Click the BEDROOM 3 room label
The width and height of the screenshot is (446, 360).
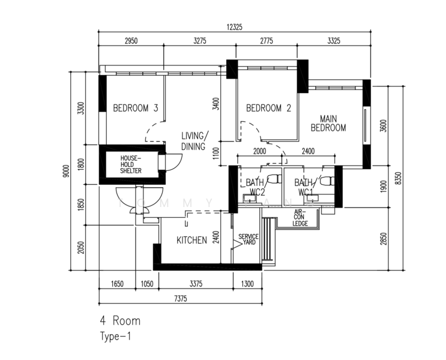point(135,109)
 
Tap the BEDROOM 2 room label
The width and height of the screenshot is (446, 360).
point(268,109)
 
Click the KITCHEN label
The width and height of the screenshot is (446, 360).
point(191,241)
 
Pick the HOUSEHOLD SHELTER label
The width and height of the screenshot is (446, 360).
point(131,164)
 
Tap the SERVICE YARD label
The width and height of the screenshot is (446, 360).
point(247,239)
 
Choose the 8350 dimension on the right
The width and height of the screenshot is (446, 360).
point(398,178)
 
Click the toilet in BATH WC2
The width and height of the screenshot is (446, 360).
point(274,179)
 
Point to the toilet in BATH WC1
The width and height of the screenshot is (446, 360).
point(326,179)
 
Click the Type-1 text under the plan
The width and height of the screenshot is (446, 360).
point(115,337)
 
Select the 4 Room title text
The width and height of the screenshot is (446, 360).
point(120,321)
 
